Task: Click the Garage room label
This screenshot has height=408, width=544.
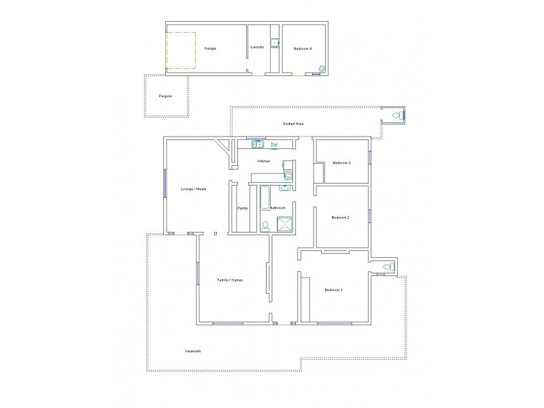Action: [x=210, y=49]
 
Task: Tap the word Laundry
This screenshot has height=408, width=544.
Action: [x=257, y=47]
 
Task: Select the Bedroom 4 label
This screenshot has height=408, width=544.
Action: [x=303, y=49]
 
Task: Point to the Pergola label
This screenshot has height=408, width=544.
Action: [x=165, y=97]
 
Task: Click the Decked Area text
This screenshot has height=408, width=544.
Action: [x=293, y=124]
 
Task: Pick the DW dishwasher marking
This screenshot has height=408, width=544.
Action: [x=275, y=145]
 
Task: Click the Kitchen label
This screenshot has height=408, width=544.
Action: [x=264, y=161]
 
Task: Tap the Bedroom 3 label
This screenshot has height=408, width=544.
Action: [x=341, y=163]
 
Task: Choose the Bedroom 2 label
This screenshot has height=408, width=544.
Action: [x=340, y=218]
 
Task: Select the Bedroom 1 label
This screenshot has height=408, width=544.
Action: [x=333, y=290]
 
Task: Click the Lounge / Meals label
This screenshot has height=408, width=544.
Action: [x=193, y=189]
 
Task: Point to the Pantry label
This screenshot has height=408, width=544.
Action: [x=242, y=208]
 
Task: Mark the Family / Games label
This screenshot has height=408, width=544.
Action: [x=230, y=280]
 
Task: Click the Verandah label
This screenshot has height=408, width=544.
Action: [x=192, y=351]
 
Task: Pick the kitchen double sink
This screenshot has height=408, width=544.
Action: [x=258, y=144]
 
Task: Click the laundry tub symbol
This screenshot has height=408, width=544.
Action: [x=276, y=43]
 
